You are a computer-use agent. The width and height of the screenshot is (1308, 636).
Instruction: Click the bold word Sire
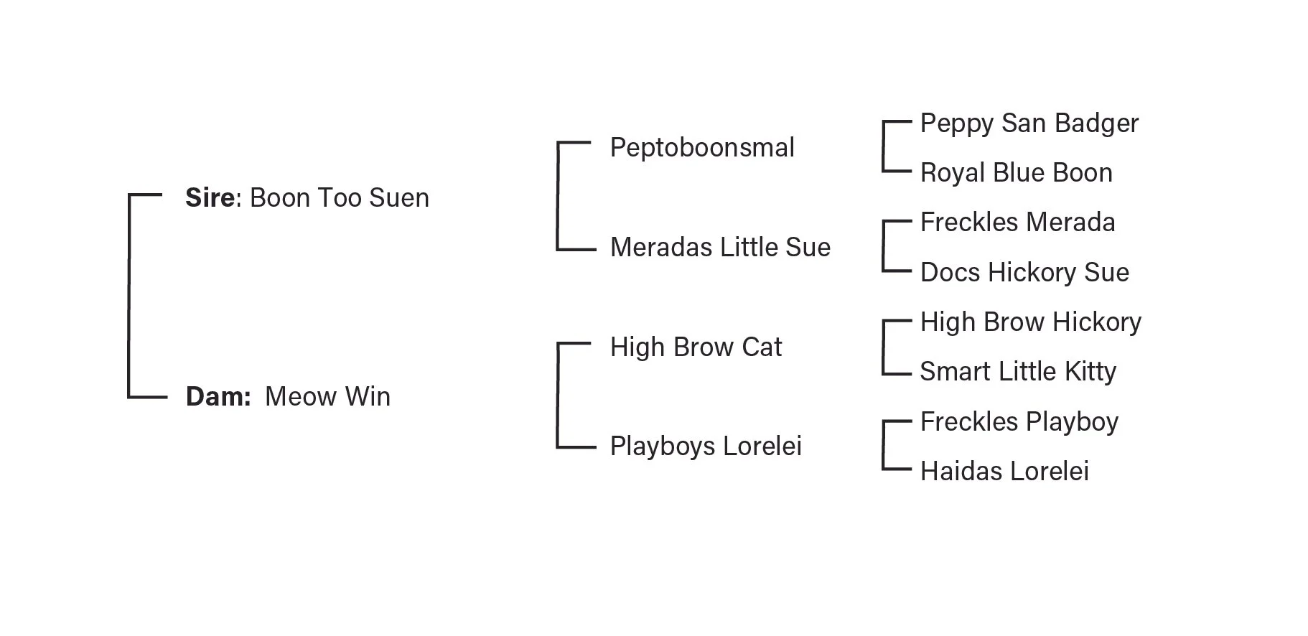(210, 198)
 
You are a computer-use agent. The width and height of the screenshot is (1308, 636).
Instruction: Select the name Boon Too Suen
(339, 198)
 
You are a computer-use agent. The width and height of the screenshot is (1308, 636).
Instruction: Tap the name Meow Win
(327, 397)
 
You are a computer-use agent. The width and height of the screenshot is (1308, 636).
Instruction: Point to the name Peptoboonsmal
(701, 148)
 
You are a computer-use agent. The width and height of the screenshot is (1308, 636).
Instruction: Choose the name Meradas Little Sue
(719, 248)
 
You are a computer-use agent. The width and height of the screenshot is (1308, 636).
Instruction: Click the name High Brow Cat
(695, 347)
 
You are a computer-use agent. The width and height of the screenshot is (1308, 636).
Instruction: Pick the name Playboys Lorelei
(705, 446)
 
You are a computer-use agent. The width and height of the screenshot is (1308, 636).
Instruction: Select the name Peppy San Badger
(1029, 123)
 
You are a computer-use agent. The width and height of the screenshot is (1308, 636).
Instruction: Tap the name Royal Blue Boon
(1016, 173)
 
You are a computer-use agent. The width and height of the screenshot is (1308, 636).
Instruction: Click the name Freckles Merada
(1017, 223)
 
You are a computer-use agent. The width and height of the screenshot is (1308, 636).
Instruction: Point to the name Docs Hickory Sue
(1024, 273)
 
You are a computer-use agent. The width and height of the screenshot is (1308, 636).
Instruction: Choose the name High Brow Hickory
(1030, 322)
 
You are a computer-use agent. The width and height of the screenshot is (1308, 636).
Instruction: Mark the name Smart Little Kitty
(1017, 372)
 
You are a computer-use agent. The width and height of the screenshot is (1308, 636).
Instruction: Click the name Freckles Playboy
(1019, 422)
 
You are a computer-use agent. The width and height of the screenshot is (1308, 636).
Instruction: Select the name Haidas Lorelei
(1004, 472)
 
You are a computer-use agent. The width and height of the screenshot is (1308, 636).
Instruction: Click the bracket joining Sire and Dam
(129, 295)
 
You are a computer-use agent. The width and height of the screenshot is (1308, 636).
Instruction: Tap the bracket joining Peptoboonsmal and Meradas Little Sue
(558, 196)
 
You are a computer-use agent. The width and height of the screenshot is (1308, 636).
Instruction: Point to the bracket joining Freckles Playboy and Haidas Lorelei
(884, 445)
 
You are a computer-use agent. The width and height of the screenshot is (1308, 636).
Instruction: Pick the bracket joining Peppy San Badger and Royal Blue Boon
(884, 146)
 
